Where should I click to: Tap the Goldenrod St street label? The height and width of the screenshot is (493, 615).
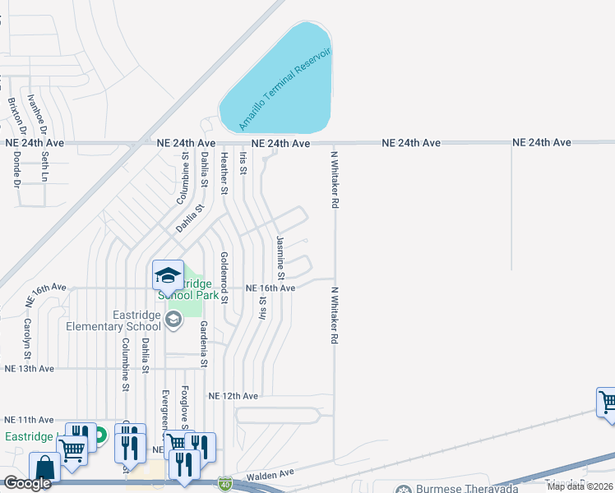(x=223, y=276)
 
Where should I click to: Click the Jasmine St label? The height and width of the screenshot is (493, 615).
(x=280, y=256)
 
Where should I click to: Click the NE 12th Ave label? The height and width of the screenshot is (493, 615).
(x=234, y=396)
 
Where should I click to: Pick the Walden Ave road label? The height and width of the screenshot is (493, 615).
(x=267, y=474)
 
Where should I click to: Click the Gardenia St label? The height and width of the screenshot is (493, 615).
(x=203, y=344)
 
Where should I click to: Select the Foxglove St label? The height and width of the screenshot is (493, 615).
(x=184, y=408)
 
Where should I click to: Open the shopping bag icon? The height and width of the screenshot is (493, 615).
(x=46, y=468)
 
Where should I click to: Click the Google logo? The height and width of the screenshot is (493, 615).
(x=27, y=483)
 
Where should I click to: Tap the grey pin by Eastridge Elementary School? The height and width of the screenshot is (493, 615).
(x=173, y=320)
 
